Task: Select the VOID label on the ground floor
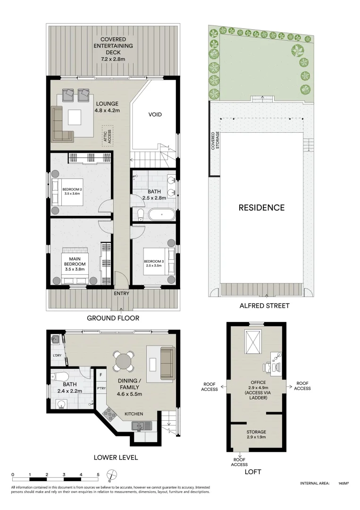click(155, 114)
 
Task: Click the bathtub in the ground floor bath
click(161, 215)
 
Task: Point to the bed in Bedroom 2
click(67, 191)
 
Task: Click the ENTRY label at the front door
click(121, 293)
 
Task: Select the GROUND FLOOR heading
click(113, 318)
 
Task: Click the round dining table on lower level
click(124, 362)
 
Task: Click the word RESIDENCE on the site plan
click(261, 207)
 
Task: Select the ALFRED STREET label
click(264, 306)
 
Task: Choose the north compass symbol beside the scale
click(111, 475)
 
